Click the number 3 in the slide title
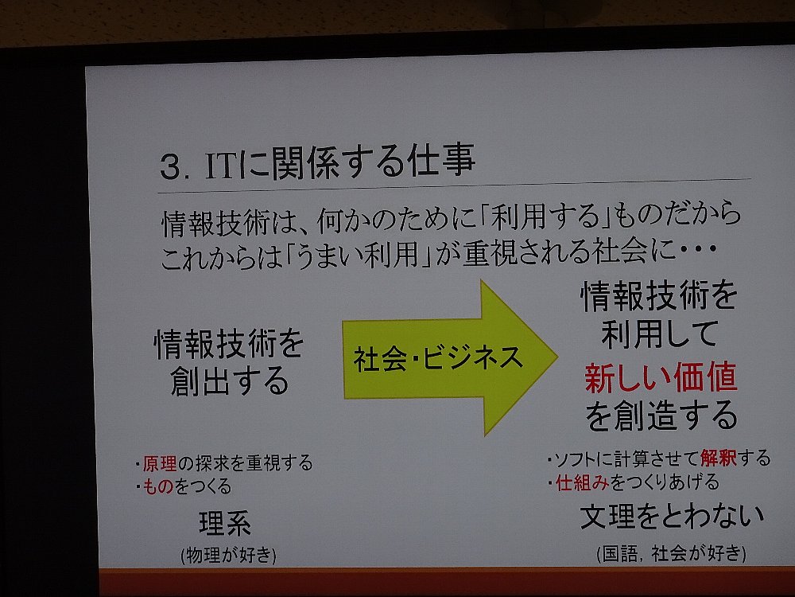[x=171, y=166]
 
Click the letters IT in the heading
[x=221, y=165]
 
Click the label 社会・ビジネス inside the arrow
[x=438, y=358]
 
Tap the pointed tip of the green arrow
[x=557, y=357]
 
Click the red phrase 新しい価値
[x=661, y=377]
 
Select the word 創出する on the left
[x=229, y=381]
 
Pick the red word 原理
[x=160, y=463]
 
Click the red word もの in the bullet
[x=159, y=487]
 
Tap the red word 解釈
[x=719, y=458]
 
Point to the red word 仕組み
[x=583, y=482]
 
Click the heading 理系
[x=225, y=524]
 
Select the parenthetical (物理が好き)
[x=228, y=555]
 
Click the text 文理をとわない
[x=672, y=517]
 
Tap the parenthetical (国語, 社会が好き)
[x=671, y=553]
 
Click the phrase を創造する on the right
[x=661, y=415]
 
